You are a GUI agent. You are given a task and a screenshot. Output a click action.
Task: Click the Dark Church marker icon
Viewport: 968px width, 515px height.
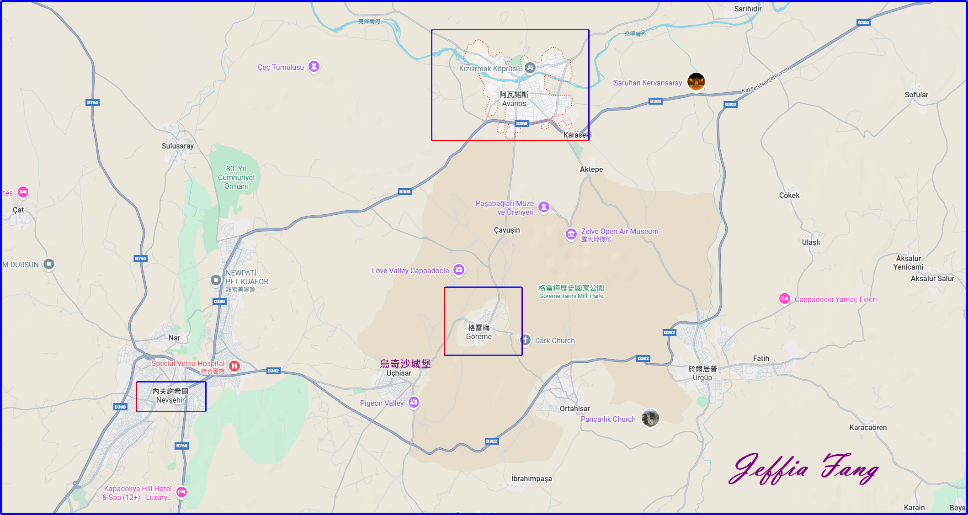pos(526,340)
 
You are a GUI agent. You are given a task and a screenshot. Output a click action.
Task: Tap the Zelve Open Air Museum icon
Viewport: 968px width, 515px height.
pos(571,234)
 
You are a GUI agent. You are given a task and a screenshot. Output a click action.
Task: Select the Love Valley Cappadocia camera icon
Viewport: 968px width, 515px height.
pos(459,270)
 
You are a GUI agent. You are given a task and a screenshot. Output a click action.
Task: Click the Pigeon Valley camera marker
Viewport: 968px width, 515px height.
pos(414,402)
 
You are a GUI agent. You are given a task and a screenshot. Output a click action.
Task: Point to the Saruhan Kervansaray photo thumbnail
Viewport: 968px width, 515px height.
pos(696,82)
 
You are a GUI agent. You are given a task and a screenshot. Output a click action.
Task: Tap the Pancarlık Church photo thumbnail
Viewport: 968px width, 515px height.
pos(650,418)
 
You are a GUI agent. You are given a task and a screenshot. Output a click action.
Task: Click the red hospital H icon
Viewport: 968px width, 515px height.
pos(234,366)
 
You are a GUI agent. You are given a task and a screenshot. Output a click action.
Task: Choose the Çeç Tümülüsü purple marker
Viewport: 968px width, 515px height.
pos(314,66)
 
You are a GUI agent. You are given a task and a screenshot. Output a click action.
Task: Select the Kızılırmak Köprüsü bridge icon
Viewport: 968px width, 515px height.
pos(530,68)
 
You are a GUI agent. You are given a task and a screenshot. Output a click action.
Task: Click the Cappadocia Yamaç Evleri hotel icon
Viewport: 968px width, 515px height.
pos(784,299)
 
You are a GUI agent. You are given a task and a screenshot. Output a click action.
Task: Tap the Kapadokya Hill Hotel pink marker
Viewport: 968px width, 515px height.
pos(181,492)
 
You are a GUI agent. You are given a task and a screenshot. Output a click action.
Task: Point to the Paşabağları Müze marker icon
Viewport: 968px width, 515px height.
pos(543,207)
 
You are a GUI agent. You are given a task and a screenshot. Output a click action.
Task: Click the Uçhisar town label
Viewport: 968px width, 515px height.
pos(399,373)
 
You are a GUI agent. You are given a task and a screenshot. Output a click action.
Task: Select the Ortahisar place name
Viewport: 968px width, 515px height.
pos(574,409)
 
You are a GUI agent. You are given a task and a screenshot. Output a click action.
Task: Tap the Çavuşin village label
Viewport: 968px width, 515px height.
pos(507,230)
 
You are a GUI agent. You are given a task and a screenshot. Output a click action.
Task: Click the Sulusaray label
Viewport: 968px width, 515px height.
pos(177,146)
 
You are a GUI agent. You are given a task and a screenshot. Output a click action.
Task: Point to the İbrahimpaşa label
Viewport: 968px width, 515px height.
pos(531,478)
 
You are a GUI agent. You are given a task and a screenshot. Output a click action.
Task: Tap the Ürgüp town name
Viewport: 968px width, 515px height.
pos(702,377)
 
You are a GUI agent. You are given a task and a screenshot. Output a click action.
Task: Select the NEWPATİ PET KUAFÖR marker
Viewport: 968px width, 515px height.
pos(216,280)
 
